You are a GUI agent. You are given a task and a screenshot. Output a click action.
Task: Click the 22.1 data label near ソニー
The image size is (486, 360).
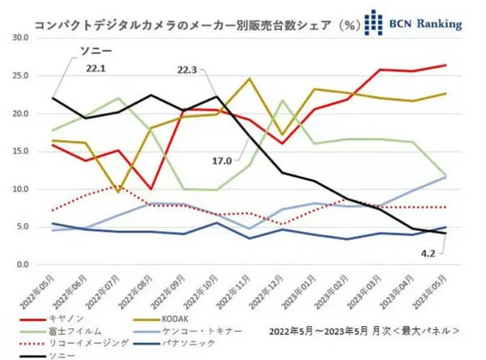click(x=98, y=69)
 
